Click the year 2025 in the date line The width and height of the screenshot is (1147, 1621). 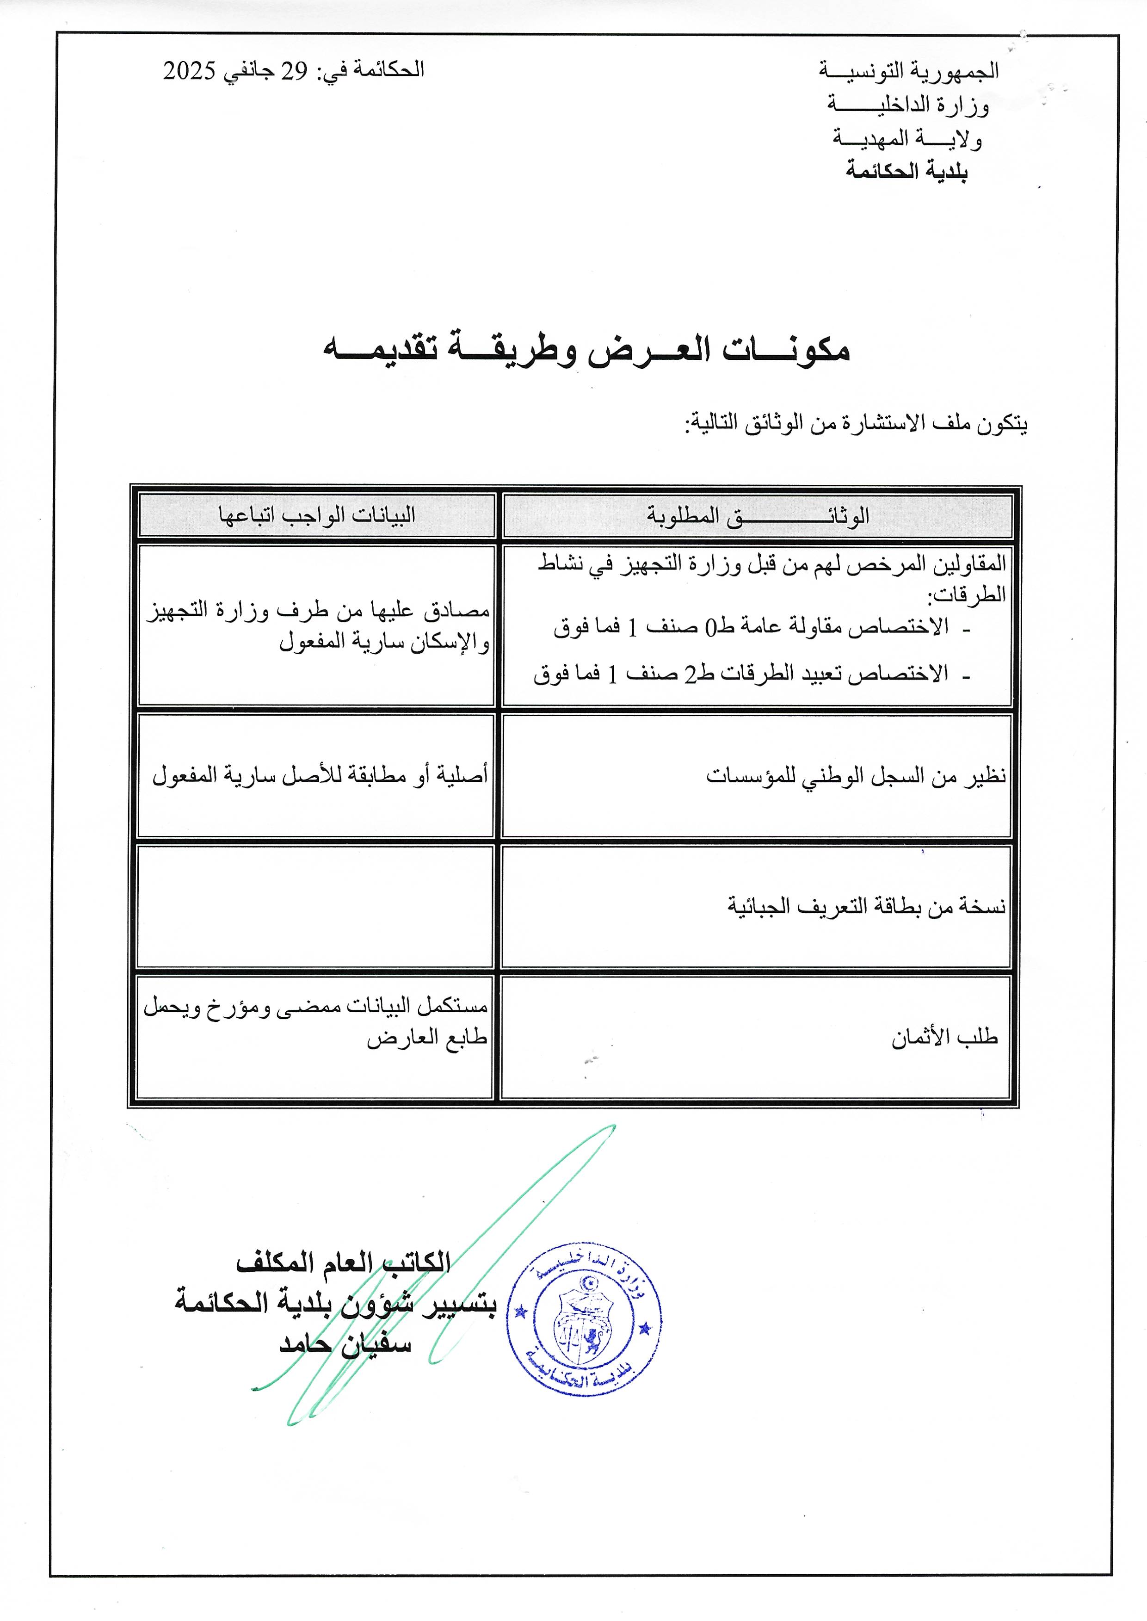tap(189, 71)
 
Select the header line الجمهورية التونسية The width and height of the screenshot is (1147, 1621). tap(908, 71)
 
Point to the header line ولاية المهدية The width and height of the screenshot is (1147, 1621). tap(907, 138)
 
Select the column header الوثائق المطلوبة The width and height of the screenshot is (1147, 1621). tap(757, 516)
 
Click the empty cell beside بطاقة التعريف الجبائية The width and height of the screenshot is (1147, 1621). tap(315, 907)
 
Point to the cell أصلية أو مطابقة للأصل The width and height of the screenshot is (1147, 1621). tap(320, 775)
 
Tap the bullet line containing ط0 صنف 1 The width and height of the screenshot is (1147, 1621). tap(752, 626)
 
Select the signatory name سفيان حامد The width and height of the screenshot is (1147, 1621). tap(345, 1343)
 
